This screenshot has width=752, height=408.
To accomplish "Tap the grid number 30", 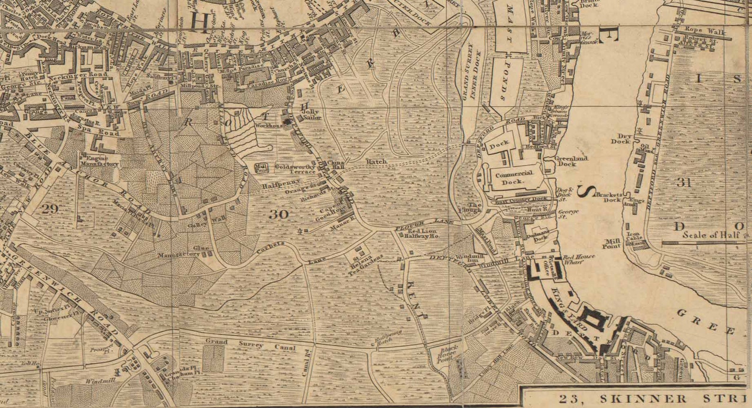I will click(x=279, y=214).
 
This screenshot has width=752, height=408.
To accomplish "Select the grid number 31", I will click(x=684, y=182).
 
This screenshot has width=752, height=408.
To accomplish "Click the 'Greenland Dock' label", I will click(x=567, y=161).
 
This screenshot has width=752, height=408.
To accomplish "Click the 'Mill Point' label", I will click(x=611, y=243).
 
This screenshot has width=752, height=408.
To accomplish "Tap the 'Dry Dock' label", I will click(x=621, y=138).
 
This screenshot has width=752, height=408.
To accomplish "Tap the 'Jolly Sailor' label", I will click(x=308, y=114).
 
